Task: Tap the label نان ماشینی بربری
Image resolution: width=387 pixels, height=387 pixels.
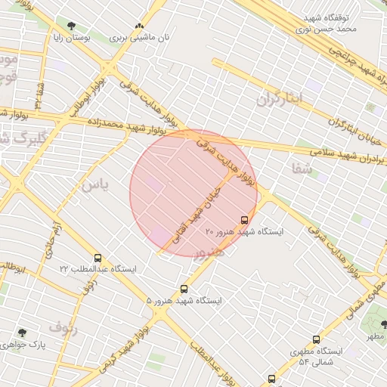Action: coord(139,36)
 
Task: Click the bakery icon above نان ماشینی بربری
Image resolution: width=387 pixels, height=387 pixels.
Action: coord(139,25)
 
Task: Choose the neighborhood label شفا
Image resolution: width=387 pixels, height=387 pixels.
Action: coord(300,168)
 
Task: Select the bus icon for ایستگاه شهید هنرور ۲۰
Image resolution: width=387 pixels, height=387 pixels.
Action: coord(244,220)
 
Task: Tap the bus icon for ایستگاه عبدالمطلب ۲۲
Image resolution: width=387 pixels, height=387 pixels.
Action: coord(98,259)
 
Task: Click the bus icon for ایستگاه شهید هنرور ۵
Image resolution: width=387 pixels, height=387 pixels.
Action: coord(184,289)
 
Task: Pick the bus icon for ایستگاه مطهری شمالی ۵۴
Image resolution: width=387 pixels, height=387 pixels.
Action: coord(315,340)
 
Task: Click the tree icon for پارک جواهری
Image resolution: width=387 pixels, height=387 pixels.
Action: coord(22,333)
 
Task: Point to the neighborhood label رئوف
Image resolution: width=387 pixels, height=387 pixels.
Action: coord(63,327)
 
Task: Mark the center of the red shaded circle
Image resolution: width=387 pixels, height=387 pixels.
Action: coord(193,193)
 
